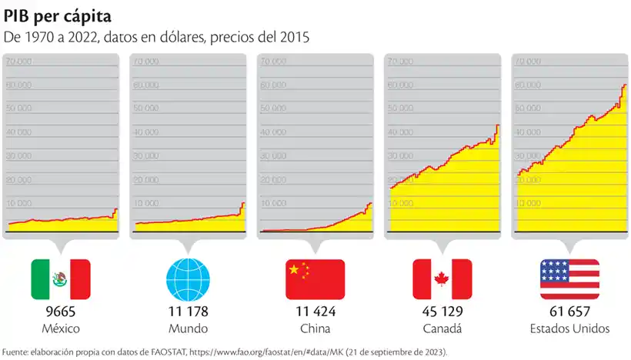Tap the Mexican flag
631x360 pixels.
60,278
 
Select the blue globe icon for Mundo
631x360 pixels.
188,278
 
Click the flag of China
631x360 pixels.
315,278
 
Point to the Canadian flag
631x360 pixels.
442,278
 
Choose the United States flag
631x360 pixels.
569,278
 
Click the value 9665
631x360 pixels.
60,312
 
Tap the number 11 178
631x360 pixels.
188,312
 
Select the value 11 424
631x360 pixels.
315,312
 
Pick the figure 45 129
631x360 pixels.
442,312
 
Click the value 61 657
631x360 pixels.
569,312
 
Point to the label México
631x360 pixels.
60,329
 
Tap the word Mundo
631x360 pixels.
188,329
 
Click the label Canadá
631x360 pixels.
442,329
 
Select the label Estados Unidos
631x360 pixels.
569,329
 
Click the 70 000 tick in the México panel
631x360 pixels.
18,62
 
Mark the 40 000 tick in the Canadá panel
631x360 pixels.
401,133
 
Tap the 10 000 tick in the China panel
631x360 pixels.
273,204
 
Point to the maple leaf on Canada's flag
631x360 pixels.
442,278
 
